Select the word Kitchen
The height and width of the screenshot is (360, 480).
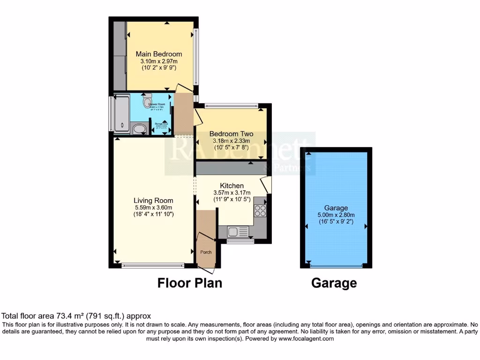click(x=232, y=186)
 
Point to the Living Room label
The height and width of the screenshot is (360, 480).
click(x=154, y=201)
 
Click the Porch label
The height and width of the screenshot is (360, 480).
click(x=206, y=252)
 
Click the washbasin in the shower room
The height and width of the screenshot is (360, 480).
click(x=139, y=129)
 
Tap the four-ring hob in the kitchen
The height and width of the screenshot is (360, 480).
click(x=260, y=211)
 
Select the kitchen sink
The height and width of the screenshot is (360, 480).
click(x=233, y=231)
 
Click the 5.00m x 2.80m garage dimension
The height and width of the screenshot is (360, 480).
click(x=336, y=215)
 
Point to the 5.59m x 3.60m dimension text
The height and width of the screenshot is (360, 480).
click(x=154, y=208)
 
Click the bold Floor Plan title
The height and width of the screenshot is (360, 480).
click(x=189, y=283)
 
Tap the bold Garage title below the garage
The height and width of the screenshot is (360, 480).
click(x=334, y=283)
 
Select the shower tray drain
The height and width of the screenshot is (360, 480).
click(x=122, y=125)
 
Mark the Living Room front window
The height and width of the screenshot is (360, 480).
click(x=153, y=266)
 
